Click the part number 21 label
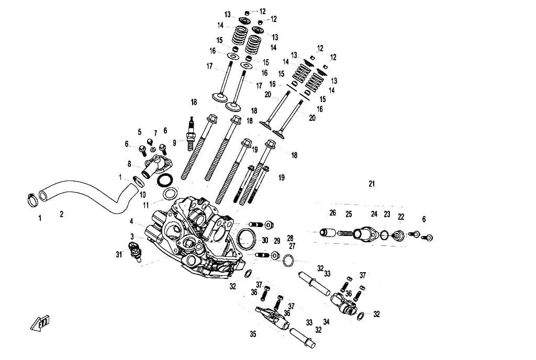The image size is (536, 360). coord(372,184)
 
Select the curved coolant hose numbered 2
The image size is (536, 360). coord(88,196)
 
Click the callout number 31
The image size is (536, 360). coord(119,254)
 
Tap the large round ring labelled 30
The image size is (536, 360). coord(247,240)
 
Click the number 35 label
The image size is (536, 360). coord(253,334)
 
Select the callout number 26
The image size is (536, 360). coord(332,213)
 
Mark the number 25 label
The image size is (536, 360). coord(349,214)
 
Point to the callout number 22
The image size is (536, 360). coord(401,217)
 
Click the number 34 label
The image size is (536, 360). coord(327,322)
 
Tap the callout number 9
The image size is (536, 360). coord(175,143)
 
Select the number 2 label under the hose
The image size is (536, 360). coord(62,214)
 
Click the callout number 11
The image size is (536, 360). coord(146,205)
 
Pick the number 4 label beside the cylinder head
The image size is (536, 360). coord(131,221)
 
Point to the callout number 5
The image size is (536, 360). coord(139,132)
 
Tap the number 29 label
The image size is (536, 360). coord(277,241)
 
